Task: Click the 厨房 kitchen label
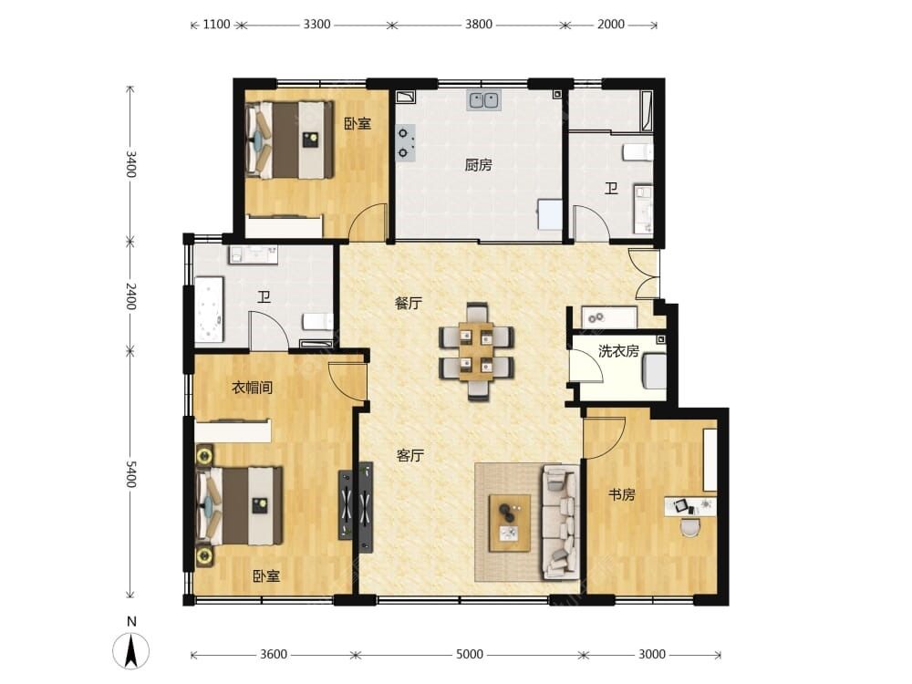(478, 165)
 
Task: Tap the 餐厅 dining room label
(409, 303)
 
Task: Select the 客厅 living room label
(409, 455)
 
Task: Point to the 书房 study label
(621, 495)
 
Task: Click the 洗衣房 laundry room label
(618, 351)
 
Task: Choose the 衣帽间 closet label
(252, 388)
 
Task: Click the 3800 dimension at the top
(478, 25)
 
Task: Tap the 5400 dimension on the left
(130, 474)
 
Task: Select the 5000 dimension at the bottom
(470, 654)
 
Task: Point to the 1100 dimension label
(216, 25)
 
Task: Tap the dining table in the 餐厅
(476, 351)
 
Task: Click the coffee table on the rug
(510, 523)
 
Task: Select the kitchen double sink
(483, 100)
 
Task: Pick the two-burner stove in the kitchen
(406, 142)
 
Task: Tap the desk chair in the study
(690, 526)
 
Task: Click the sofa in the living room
(560, 522)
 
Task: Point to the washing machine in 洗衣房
(654, 370)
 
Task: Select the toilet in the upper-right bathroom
(637, 151)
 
